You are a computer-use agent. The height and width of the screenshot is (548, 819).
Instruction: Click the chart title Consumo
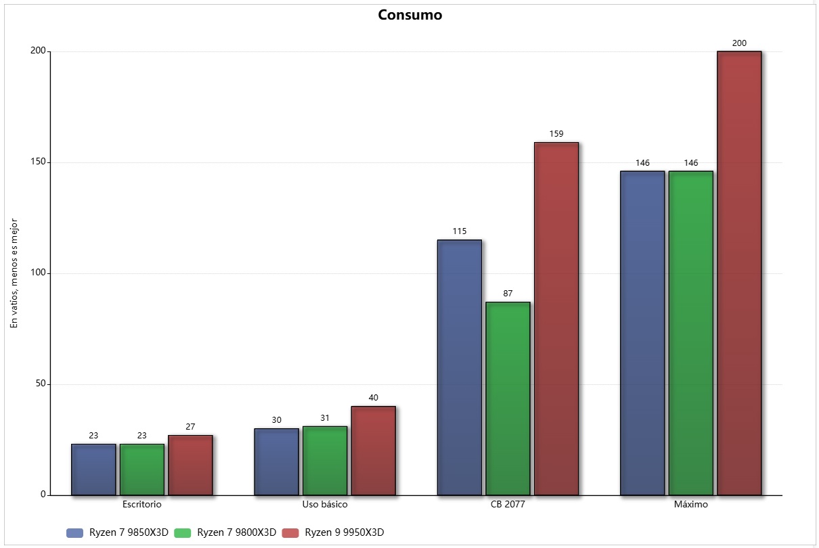pyautogui.click(x=409, y=15)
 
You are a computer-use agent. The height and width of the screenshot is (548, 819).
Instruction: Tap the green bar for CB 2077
pyautogui.click(x=508, y=398)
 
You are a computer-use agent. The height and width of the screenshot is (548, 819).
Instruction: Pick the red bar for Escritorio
pyautogui.click(x=190, y=465)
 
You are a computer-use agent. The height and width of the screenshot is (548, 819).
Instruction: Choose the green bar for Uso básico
pyautogui.click(x=325, y=461)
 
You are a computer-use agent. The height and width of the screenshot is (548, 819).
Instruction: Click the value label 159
pyautogui.click(x=556, y=134)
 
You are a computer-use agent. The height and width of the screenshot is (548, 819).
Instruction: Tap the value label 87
pyautogui.click(x=508, y=294)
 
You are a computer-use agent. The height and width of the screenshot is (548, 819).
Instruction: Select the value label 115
pyautogui.click(x=460, y=231)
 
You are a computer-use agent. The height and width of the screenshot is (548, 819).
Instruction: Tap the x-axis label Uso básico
pyautogui.click(x=325, y=505)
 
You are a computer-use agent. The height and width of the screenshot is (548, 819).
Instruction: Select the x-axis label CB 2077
pyautogui.click(x=508, y=505)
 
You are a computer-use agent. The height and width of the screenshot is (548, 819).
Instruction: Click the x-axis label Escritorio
pyautogui.click(x=142, y=505)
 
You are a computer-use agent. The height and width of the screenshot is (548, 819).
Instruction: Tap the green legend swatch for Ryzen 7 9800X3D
pyautogui.click(x=183, y=532)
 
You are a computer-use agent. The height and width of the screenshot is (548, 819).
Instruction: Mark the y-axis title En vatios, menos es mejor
pyautogui.click(x=14, y=273)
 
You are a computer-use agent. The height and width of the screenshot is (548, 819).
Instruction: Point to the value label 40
pyautogui.click(x=374, y=398)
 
